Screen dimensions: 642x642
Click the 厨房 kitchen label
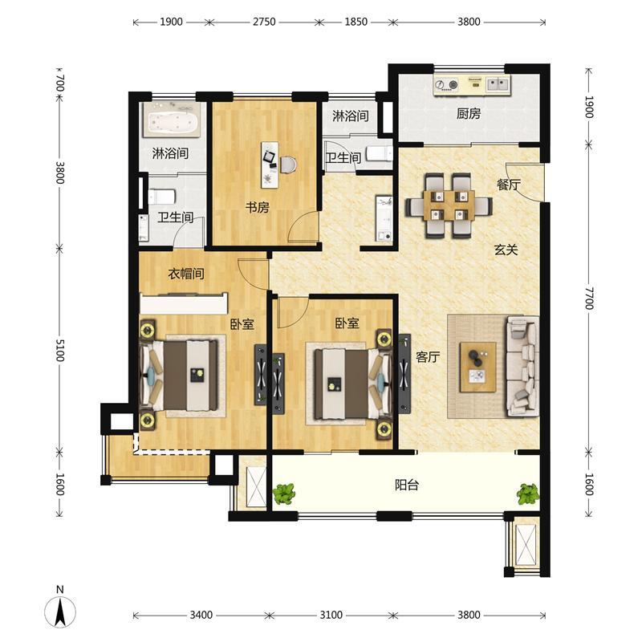[469, 113]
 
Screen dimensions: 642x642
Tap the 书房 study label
[258, 207]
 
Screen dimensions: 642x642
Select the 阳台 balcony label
[407, 486]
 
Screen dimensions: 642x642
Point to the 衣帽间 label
[186, 274]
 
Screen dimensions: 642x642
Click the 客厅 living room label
[428, 357]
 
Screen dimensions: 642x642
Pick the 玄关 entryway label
[506, 250]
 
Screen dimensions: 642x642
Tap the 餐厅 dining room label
[509, 185]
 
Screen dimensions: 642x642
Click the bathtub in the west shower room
[172, 120]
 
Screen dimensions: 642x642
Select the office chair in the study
[288, 165]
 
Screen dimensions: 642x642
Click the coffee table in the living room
[477, 368]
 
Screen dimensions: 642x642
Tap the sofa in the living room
[523, 366]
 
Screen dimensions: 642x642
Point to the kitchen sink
[498, 85]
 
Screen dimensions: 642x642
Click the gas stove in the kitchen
[447, 85]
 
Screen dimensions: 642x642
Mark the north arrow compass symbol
[60, 607]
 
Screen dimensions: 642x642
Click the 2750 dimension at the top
[264, 22]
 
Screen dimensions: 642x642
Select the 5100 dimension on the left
[59, 351]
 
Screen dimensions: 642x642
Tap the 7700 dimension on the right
[589, 299]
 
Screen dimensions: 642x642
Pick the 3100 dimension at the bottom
[331, 615]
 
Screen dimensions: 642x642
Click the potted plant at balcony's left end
[284, 494]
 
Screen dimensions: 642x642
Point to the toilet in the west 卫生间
[162, 197]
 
